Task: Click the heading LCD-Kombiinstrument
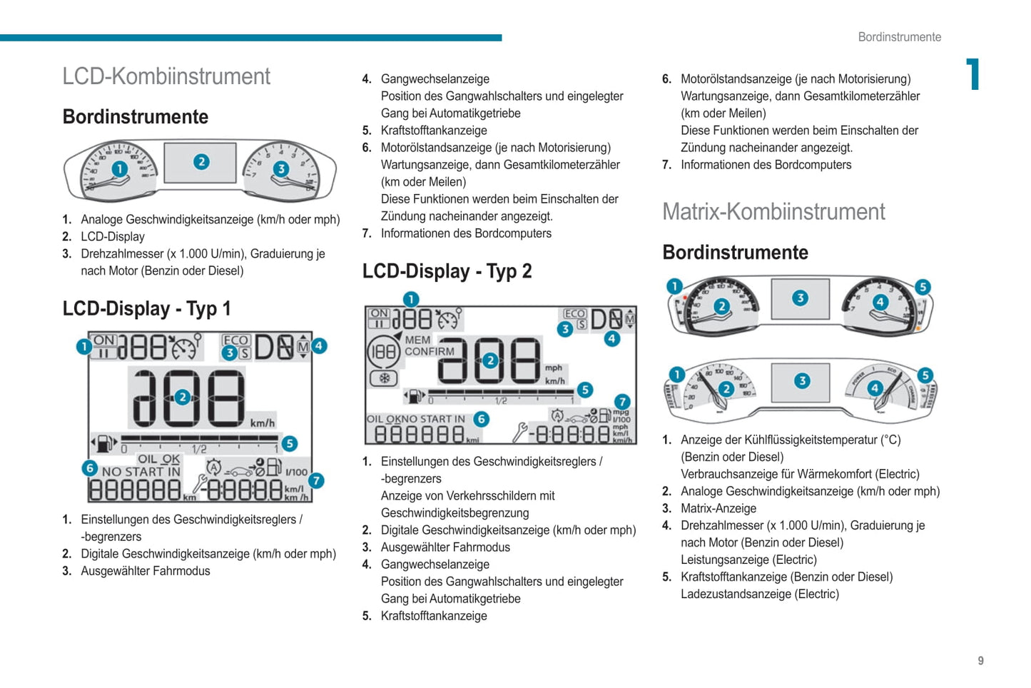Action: click(166, 76)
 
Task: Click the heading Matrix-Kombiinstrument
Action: click(773, 212)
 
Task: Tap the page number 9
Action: click(980, 661)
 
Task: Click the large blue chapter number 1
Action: click(972, 74)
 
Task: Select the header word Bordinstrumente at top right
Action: click(899, 37)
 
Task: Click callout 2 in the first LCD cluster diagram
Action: click(201, 162)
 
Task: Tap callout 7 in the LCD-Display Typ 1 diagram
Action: click(315, 480)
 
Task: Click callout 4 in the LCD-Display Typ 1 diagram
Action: click(319, 346)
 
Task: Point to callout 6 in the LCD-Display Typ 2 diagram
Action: click(482, 420)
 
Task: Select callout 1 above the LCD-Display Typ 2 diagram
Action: click(411, 299)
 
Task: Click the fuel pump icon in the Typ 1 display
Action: click(104, 444)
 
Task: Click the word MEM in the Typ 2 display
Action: click(417, 340)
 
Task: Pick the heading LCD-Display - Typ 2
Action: click(447, 271)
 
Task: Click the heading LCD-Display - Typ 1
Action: click(146, 308)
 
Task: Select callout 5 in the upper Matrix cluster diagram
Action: click(923, 287)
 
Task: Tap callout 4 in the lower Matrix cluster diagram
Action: click(875, 388)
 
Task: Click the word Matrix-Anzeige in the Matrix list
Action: click(718, 508)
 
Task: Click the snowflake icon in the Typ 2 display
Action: click(384, 378)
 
